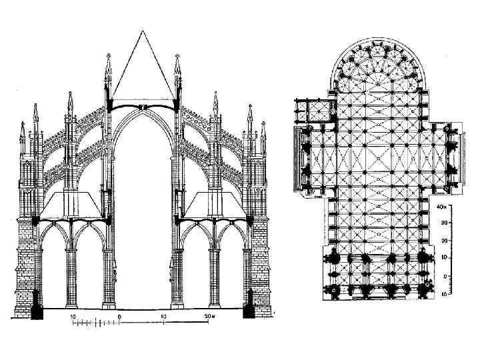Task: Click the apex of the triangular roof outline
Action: [142, 31]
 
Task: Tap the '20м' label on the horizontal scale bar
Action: [211, 315]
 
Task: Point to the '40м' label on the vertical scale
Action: [441, 207]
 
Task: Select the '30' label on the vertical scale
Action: [443, 224]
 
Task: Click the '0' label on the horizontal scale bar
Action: [119, 315]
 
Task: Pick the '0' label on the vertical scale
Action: [445, 275]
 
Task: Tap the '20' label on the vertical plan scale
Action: [443, 241]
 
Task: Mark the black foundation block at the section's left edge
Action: [37, 311]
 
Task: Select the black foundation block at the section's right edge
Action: [250, 310]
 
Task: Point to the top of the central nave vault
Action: [143, 107]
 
